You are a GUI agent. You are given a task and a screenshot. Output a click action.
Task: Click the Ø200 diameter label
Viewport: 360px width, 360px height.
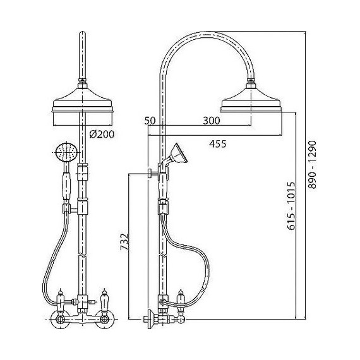tap(102, 135)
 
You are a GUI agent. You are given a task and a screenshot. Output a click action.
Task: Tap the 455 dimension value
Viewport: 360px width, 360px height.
tap(218, 144)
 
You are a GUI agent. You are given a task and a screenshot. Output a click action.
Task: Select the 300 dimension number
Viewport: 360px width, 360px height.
tap(212, 121)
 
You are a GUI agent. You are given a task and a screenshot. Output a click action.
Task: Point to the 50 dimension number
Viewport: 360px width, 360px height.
tap(150, 121)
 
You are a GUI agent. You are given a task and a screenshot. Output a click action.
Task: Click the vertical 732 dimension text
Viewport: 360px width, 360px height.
tap(124, 241)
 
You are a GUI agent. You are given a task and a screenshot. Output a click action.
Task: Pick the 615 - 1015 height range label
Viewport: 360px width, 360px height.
tap(291, 206)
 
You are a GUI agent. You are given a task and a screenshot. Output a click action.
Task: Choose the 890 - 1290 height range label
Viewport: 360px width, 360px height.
tap(312, 165)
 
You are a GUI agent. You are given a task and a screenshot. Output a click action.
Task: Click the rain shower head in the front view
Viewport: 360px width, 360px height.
tap(83, 100)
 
